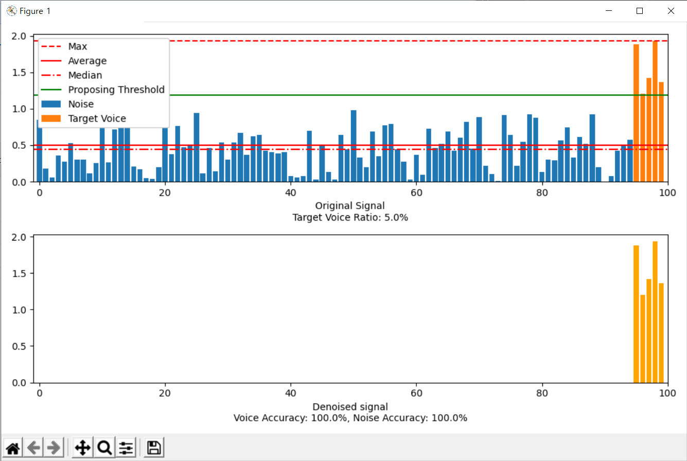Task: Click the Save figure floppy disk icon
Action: (x=153, y=448)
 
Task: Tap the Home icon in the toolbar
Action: (x=12, y=448)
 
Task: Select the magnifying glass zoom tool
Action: (x=104, y=448)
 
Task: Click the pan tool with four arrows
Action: (x=83, y=448)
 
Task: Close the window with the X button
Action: (x=671, y=11)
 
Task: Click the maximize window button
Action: (x=640, y=11)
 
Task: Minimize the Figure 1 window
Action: (x=609, y=11)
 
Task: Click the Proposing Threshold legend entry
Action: (x=116, y=90)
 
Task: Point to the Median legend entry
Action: (x=85, y=75)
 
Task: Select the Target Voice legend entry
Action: (x=97, y=118)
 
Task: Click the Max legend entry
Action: (x=78, y=46)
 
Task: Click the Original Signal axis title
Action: (x=350, y=206)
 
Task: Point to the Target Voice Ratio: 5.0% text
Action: (x=350, y=217)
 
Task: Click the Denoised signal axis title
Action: (x=350, y=406)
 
